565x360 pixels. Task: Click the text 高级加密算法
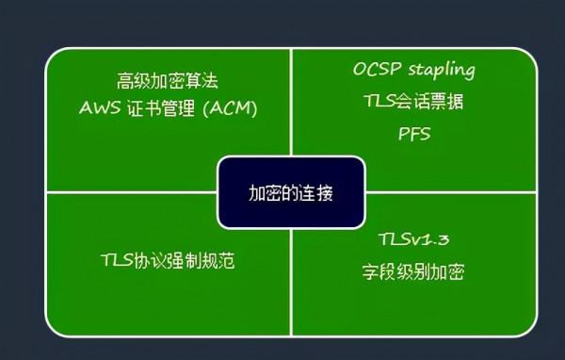(x=168, y=81)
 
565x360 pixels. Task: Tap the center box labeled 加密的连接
(x=291, y=192)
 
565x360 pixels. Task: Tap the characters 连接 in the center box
(x=318, y=192)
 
